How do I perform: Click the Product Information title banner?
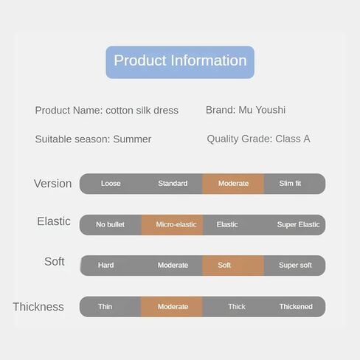(180, 62)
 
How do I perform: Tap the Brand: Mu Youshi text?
(246, 110)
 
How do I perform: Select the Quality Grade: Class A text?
(258, 139)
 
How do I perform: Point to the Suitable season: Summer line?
(93, 139)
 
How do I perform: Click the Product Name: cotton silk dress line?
(107, 111)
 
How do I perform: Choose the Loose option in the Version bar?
(111, 184)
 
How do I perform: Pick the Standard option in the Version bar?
(173, 184)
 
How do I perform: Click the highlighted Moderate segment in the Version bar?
(233, 184)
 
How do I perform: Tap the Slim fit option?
(290, 184)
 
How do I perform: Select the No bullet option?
(110, 224)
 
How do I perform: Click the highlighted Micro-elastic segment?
(172, 225)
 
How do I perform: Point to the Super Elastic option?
(298, 224)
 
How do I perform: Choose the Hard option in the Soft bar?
(105, 266)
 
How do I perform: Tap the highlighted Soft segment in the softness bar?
(233, 266)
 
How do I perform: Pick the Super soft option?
(295, 266)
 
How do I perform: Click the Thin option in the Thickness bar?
(105, 307)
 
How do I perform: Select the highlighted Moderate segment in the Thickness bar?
(172, 307)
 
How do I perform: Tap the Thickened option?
(296, 307)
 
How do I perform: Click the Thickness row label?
(38, 307)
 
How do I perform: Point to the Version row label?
(52, 184)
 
